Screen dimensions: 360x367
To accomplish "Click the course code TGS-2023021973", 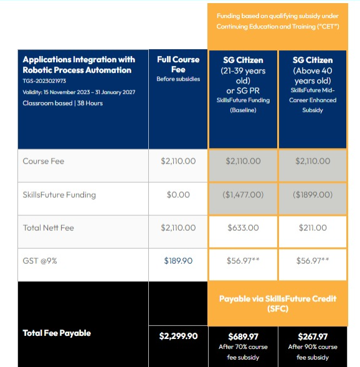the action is tap(44, 81).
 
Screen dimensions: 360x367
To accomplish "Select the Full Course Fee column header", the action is tap(178, 64).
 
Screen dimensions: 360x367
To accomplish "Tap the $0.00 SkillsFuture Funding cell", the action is tap(178, 195).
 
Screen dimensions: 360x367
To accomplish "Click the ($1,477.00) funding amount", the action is tap(243, 195).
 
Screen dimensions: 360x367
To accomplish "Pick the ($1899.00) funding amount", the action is tap(313, 195).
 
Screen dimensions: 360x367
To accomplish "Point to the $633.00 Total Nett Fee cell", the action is tap(243, 228).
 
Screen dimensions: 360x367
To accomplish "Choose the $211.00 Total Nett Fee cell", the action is tap(313, 228).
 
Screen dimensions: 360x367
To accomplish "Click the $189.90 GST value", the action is tap(178, 261).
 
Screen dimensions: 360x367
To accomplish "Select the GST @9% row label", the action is tap(40, 261).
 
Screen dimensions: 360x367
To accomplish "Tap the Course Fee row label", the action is tap(44, 161).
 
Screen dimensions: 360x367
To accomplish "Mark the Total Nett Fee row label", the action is tap(49, 228).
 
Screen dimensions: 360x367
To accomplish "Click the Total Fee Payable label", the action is tap(57, 333).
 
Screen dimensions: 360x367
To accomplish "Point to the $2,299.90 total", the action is tap(178, 336).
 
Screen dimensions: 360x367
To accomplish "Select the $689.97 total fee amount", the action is tap(243, 337).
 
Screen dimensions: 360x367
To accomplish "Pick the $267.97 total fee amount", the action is tap(313, 337).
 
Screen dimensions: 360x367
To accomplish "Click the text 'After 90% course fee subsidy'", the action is tap(313, 352).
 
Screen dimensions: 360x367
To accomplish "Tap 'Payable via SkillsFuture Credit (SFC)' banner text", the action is tap(278, 304).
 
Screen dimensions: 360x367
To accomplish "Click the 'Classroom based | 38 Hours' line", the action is tap(62, 103).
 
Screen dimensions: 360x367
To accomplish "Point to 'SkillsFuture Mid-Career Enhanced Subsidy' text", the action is tap(313, 100).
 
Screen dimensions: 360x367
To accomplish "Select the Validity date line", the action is tap(79, 92).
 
